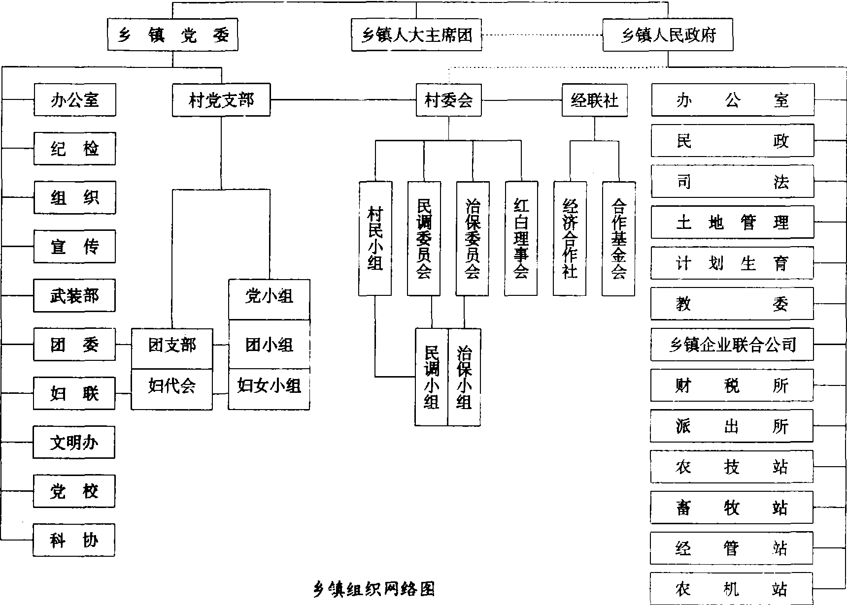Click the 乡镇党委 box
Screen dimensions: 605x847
coord(172,34)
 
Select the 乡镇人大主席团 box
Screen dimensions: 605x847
coord(416,35)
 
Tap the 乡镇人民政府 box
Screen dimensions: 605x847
coord(668,35)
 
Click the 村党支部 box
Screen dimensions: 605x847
coord(221,100)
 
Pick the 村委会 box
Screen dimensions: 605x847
coord(448,100)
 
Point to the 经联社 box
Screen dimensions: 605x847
coord(595,100)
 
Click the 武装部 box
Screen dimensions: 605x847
coord(74,295)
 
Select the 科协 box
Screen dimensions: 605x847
coord(74,540)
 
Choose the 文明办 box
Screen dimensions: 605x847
coord(74,442)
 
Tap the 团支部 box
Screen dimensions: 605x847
coord(172,345)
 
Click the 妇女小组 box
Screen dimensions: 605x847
coord(269,385)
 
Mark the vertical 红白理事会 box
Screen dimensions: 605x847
coord(521,239)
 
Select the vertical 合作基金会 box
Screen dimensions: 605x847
coord(618,239)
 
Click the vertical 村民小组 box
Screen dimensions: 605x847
coord(375,239)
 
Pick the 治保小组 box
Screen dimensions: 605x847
coord(464,377)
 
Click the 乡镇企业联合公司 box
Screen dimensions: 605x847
coord(732,344)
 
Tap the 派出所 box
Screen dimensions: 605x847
coord(732,426)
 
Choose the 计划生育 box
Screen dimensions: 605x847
coord(732,263)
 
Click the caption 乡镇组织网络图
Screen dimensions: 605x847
coord(374,588)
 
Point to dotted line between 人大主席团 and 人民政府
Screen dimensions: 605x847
coord(542,35)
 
